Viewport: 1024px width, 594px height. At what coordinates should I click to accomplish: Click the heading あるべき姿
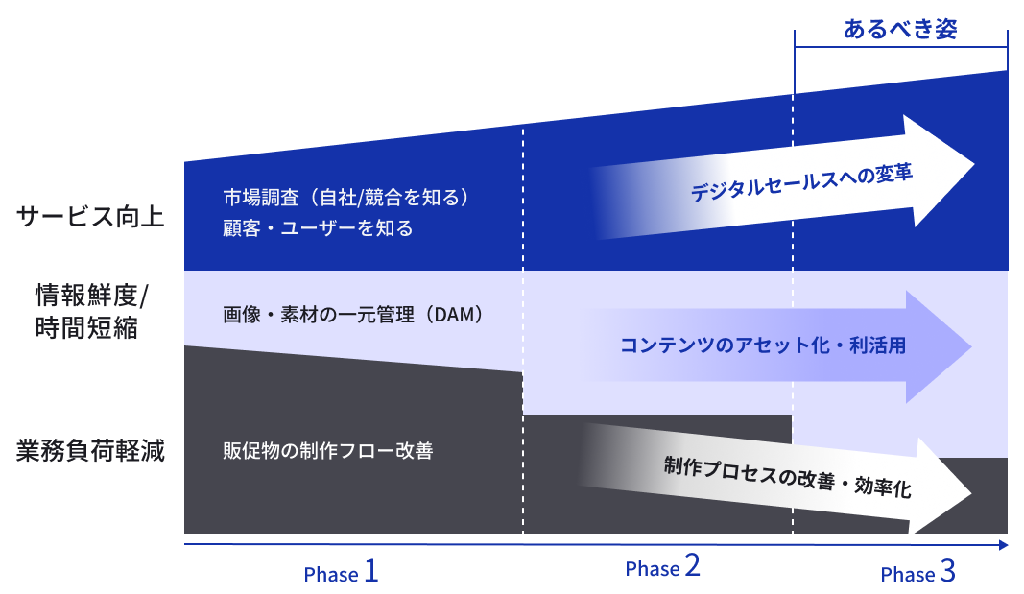point(900,29)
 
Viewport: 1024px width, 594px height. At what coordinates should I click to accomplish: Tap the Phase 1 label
point(341,572)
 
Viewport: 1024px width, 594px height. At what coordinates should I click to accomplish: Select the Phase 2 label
point(662,566)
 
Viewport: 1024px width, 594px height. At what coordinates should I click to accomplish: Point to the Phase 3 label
point(917,572)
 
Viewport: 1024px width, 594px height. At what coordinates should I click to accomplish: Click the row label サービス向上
point(90,217)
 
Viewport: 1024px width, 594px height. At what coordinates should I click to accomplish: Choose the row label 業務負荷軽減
point(90,450)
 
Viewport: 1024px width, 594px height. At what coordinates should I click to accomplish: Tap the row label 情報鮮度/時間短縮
point(91,311)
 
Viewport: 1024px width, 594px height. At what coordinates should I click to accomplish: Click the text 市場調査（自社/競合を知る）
point(346,197)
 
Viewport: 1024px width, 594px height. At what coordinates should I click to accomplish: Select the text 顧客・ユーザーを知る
point(318,227)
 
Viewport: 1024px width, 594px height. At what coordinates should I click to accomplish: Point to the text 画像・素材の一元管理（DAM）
point(353,315)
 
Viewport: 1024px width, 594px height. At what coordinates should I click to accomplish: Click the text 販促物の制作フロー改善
point(328,450)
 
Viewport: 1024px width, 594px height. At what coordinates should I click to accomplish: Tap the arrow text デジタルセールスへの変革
point(801,182)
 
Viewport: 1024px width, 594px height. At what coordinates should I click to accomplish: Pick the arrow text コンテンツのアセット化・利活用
point(763,345)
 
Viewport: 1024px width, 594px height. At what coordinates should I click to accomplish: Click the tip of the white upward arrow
point(974,164)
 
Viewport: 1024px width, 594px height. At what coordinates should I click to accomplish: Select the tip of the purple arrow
point(971,346)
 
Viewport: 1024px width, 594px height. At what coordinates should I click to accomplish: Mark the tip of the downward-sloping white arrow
point(971,493)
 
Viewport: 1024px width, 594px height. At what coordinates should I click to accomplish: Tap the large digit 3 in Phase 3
point(947,571)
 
